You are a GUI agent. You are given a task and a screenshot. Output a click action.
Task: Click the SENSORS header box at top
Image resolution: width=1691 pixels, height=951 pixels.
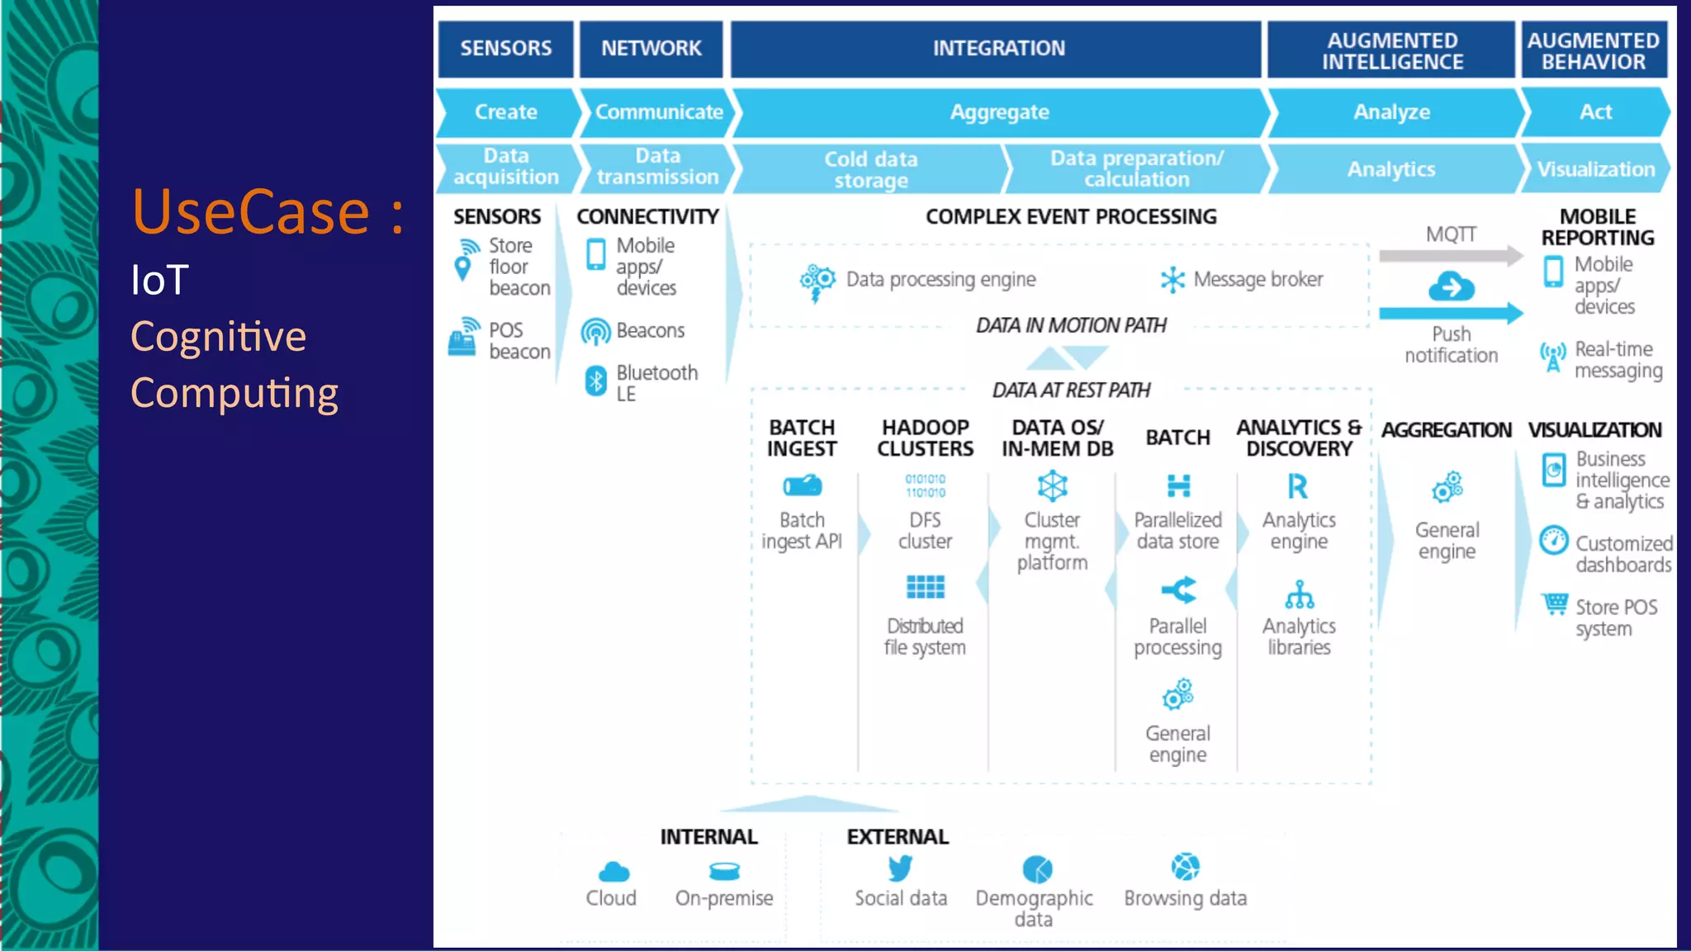point(505,49)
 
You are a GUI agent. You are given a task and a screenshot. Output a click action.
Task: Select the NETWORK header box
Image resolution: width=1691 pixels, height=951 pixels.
point(651,49)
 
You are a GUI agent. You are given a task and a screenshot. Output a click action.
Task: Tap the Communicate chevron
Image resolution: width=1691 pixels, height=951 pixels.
point(658,112)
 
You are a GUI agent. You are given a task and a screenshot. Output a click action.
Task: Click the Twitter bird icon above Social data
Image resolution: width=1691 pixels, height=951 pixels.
point(900,868)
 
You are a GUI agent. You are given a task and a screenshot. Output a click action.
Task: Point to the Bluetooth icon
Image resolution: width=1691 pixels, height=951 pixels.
point(595,381)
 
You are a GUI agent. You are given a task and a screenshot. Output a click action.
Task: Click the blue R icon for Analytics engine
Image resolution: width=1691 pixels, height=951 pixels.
point(1298,486)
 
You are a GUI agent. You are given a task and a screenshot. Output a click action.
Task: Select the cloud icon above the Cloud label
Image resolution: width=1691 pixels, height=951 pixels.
point(613,872)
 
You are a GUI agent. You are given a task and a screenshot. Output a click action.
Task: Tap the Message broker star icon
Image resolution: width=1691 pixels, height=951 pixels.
point(1172,280)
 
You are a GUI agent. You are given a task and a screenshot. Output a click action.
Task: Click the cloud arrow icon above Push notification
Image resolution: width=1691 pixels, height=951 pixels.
point(1451,287)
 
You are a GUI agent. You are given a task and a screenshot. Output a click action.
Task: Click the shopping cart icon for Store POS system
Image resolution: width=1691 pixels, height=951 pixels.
point(1556,604)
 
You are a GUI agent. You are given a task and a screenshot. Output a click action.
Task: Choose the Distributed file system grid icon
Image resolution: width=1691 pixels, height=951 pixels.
point(925,587)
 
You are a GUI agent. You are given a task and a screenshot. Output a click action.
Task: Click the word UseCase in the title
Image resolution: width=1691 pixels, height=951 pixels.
point(250,211)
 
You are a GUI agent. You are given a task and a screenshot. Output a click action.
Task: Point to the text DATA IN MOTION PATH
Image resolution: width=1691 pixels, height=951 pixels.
point(1071,325)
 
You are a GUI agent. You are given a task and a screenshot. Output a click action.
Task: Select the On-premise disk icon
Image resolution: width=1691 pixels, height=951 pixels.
point(724,871)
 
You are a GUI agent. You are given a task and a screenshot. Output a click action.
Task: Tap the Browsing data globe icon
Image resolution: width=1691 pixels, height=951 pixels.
point(1185,867)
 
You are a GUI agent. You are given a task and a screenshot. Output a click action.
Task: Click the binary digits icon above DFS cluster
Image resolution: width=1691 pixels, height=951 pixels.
point(925,485)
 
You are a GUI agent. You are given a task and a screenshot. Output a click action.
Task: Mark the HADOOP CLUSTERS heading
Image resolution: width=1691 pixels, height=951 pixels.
point(925,438)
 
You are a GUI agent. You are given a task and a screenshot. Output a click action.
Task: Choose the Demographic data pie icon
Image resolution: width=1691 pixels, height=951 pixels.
point(1037,869)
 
